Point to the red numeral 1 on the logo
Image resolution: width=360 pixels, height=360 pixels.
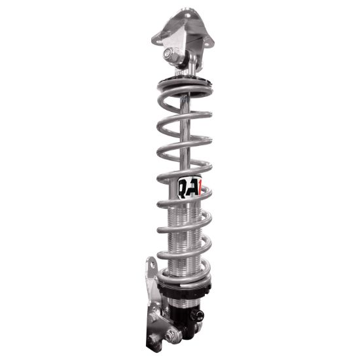click(202, 187)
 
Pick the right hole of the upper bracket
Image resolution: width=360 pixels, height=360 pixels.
click(209, 42)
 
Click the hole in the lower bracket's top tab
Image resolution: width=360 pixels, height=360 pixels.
click(151, 268)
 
